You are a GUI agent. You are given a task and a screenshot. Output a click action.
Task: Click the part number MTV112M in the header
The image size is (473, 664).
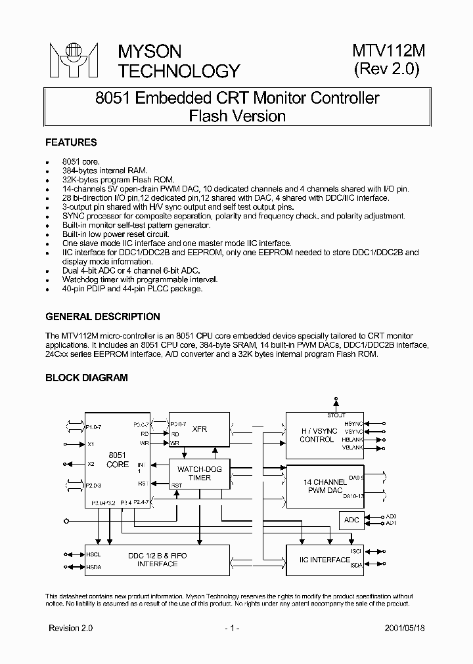point(388,51)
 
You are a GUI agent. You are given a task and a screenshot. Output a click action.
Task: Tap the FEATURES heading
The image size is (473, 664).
point(70,142)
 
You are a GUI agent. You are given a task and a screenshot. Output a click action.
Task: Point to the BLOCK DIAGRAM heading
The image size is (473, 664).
point(86,377)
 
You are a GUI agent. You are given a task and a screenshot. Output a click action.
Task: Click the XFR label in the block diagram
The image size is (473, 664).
point(200,429)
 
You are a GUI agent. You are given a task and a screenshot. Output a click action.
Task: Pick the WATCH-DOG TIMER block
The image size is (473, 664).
point(200,473)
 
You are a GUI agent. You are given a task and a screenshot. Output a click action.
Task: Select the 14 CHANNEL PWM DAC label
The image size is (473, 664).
point(325,486)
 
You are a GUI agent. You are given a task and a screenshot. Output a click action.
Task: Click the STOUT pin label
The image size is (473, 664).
point(336,415)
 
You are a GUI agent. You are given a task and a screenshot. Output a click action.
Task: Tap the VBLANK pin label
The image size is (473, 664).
point(352,448)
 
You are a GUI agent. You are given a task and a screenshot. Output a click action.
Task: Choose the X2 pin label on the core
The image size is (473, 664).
point(91,464)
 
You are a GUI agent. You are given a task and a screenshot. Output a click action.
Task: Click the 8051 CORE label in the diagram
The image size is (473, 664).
point(118,459)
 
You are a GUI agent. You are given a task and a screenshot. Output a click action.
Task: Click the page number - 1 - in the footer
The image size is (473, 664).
point(231,628)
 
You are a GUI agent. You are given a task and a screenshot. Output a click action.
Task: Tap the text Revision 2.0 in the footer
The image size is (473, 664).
point(71,628)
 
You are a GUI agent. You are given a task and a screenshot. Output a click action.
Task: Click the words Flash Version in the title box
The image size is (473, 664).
point(237,116)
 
